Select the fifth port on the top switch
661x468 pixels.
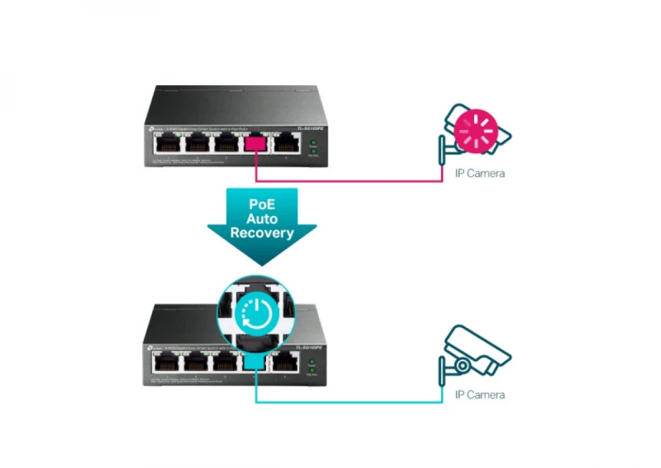pyautogui.click(x=288, y=143)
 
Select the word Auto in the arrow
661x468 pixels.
pyautogui.click(x=262, y=220)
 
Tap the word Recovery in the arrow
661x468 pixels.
pyautogui.click(x=262, y=233)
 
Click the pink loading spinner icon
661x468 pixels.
pyautogui.click(x=473, y=131)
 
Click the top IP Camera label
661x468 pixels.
pyautogui.click(x=480, y=174)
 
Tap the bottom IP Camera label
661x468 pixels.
pyautogui.click(x=480, y=395)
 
